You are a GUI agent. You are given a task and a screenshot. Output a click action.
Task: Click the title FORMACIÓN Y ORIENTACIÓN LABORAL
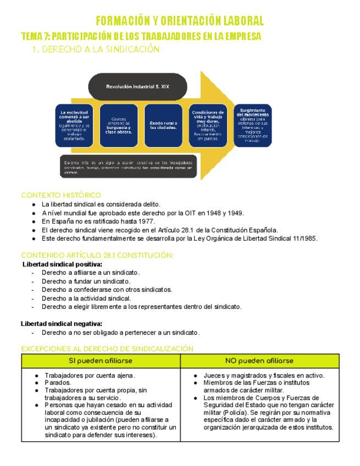[x=180, y=21]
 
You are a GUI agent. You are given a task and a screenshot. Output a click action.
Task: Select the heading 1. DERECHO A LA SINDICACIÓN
[x=96, y=49]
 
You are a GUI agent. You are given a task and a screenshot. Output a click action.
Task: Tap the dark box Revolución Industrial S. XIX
[x=137, y=87]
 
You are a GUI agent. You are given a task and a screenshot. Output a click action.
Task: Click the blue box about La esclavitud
[x=74, y=126]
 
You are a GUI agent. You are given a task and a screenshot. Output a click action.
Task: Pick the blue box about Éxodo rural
[x=163, y=126]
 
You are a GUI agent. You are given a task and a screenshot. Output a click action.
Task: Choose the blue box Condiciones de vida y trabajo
[x=208, y=126]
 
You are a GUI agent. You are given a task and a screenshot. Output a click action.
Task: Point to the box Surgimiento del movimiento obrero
[x=252, y=125]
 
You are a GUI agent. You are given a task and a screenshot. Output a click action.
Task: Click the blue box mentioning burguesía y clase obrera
[x=118, y=126]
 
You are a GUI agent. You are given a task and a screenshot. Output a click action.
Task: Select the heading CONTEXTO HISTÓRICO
[x=61, y=195]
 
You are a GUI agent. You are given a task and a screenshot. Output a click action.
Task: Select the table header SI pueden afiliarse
[x=101, y=361]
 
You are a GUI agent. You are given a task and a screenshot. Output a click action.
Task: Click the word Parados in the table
[x=58, y=382]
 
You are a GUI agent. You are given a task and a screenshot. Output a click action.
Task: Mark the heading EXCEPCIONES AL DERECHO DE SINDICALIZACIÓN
[x=107, y=348]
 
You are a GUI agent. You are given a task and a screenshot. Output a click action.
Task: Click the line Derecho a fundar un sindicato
[x=86, y=281]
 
